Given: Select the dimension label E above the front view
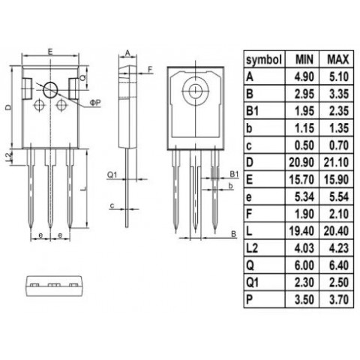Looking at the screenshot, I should coord(49,52).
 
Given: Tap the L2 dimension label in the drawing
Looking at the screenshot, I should coord(7,155).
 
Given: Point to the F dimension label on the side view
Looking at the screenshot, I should coord(150,70).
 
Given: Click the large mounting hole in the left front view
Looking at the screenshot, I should coord(50,89).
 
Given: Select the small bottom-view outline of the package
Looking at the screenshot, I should coord(52,285).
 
